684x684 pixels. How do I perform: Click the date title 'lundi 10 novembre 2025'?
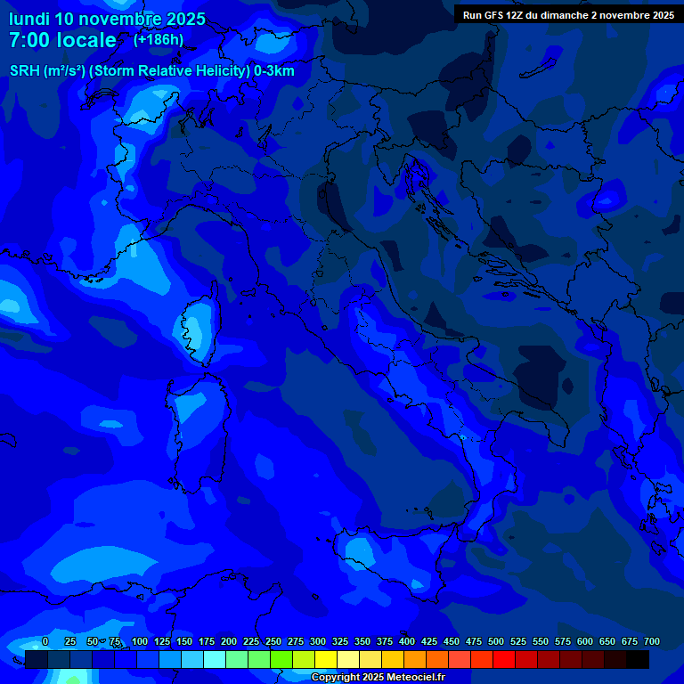coord(107,19)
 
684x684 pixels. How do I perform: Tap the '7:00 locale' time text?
coord(62,40)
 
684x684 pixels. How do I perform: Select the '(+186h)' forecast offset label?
coord(159,39)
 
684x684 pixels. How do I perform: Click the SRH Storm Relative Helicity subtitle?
coord(151,71)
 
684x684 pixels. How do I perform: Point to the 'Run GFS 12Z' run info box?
coord(568,14)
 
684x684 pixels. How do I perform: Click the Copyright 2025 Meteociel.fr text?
coord(378,678)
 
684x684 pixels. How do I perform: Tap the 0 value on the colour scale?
coord(45,641)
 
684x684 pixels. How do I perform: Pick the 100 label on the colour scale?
coord(140,641)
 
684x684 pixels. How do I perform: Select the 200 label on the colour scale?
coord(229,641)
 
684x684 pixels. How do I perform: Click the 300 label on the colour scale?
coord(318,641)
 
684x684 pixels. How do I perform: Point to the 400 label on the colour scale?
coord(407,641)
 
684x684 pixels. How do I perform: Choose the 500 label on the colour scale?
coord(496,641)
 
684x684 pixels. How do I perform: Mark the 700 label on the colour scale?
coord(652,641)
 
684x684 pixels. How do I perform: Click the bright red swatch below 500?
coord(504,659)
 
